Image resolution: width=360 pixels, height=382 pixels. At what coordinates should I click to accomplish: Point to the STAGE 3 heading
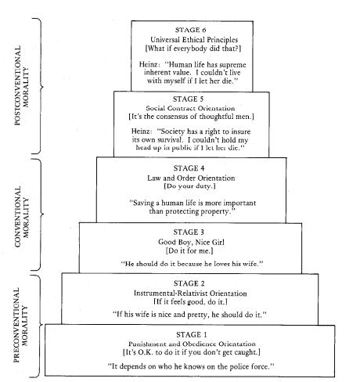point(190,232)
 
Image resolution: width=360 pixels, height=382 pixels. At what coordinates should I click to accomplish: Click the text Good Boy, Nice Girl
point(190,242)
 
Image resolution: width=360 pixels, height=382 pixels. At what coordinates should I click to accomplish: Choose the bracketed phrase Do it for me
point(190,251)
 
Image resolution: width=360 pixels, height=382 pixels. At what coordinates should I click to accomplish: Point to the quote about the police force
point(190,367)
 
